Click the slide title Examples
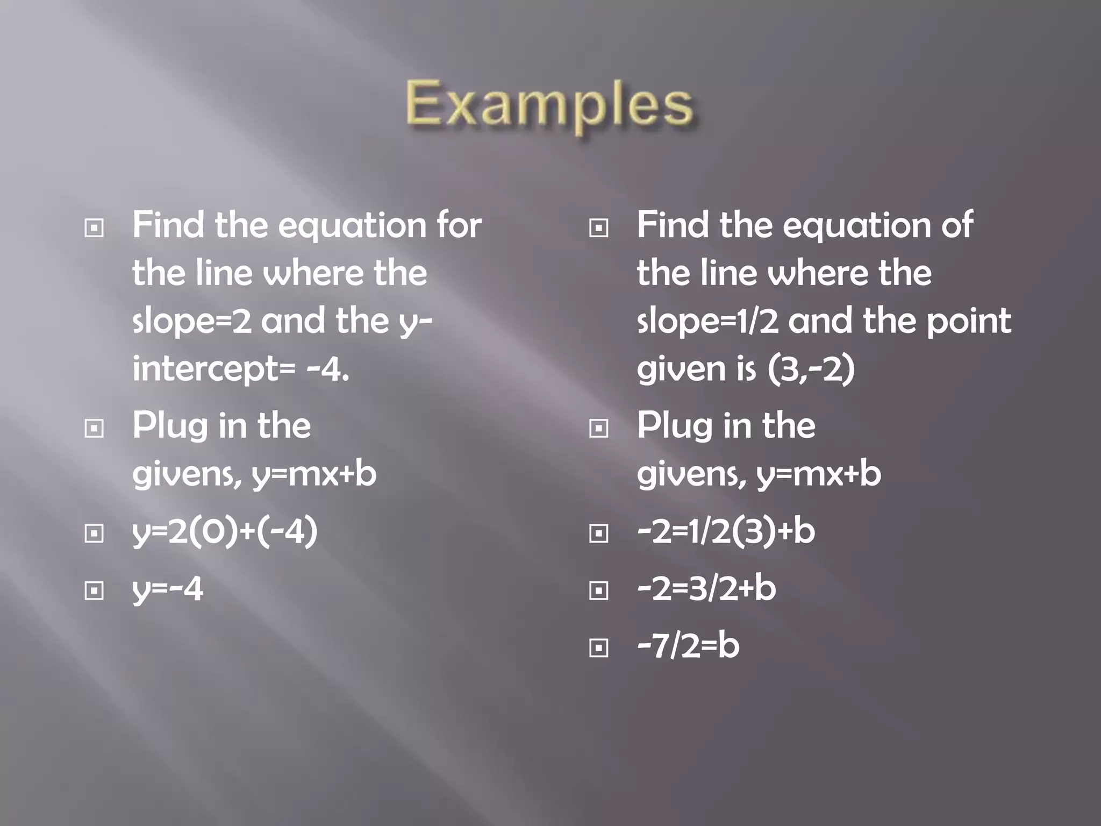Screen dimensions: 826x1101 tap(549, 104)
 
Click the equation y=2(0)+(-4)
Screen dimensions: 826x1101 tap(225, 531)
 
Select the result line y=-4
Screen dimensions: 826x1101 tap(168, 589)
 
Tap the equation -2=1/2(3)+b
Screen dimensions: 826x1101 tap(726, 531)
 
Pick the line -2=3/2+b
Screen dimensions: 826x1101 tap(706, 588)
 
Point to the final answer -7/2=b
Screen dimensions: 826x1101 tap(688, 646)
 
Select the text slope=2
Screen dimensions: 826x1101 tap(192, 322)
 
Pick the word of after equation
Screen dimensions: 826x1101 tap(956, 225)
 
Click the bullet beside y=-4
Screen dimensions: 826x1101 tap(94, 591)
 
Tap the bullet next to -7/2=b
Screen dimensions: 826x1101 tap(598, 648)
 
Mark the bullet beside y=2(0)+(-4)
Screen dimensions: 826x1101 tap(94, 533)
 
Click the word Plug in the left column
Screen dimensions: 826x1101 tap(170, 426)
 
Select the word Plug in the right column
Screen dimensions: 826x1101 tap(674, 426)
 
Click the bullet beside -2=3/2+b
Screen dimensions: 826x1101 tap(598, 591)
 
